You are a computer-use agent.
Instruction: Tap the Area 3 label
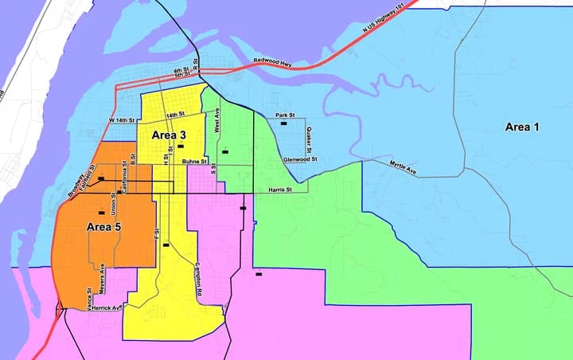[170, 135]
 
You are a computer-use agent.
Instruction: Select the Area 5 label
[103, 227]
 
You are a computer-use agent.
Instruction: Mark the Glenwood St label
[300, 159]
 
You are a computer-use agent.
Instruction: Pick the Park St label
[286, 115]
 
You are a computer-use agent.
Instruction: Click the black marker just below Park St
[283, 124]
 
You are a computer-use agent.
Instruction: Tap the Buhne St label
[194, 162]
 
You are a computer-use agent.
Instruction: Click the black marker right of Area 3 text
[181, 147]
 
